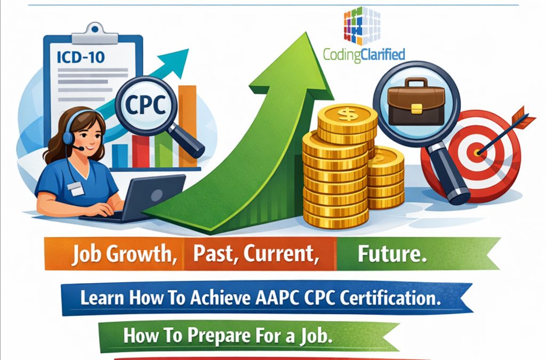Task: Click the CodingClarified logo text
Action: [364, 54]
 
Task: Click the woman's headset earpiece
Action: [69, 137]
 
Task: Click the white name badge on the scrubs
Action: [76, 187]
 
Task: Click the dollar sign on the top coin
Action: [347, 114]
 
